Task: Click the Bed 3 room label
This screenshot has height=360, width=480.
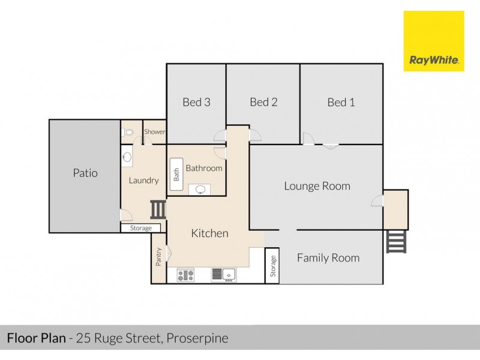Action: (196, 102)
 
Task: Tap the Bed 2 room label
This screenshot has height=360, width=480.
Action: (263, 102)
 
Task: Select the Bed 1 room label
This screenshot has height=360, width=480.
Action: (341, 103)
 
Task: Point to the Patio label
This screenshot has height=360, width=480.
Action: (85, 173)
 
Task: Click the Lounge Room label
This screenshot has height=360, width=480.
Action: (317, 186)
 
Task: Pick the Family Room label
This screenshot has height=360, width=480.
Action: (328, 258)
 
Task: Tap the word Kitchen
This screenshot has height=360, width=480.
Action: (209, 233)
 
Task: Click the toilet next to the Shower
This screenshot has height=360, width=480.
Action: (127, 132)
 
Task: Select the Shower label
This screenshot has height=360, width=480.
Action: (154, 132)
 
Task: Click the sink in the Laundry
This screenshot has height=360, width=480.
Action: (127, 157)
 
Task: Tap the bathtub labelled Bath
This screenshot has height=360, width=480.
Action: (176, 174)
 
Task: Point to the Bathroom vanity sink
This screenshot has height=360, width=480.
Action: (200, 190)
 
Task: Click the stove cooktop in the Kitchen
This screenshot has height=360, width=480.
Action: (185, 275)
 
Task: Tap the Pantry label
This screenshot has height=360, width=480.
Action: (159, 257)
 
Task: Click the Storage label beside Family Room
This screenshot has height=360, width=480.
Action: (272, 265)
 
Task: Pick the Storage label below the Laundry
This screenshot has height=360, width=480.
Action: (141, 228)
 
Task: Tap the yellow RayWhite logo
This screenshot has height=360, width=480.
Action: (433, 41)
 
